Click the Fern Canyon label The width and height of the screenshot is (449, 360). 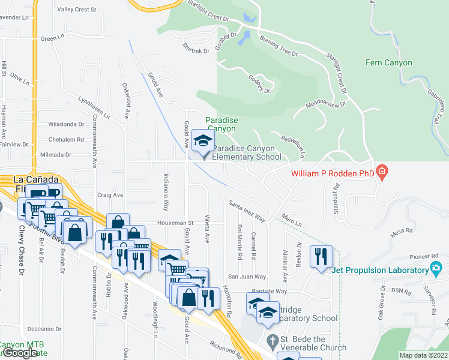(389, 62)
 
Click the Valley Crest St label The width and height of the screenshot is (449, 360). (76, 10)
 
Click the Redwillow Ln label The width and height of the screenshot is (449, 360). (294, 146)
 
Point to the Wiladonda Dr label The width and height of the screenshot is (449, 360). (66, 124)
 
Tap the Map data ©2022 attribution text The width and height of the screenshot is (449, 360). (424, 355)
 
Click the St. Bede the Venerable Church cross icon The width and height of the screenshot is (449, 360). (273, 339)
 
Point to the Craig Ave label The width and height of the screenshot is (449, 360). (110, 195)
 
